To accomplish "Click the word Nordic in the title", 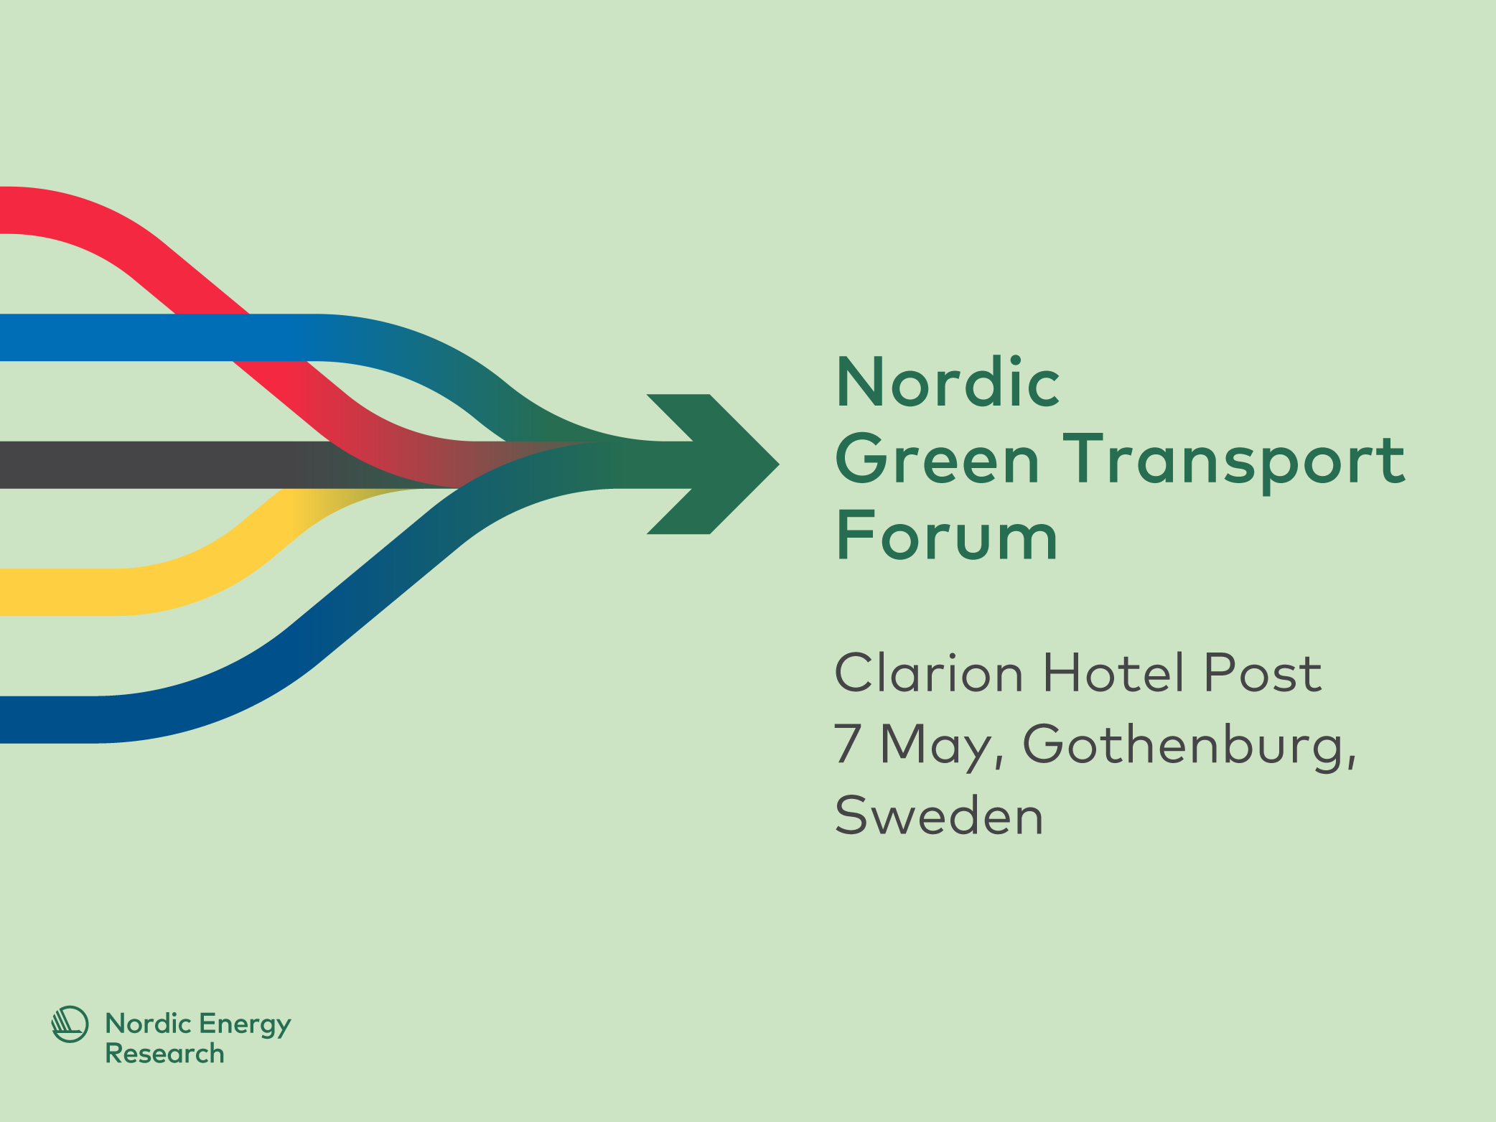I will [x=948, y=383].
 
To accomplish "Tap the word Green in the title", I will [x=937, y=459].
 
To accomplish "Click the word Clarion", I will [x=928, y=673].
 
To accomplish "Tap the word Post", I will [x=1262, y=673].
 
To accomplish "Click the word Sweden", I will [x=939, y=816].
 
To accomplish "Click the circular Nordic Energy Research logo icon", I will [x=70, y=1024].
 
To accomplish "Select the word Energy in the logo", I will [x=245, y=1025].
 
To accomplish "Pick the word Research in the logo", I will [x=164, y=1054].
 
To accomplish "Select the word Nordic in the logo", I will [x=148, y=1024].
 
